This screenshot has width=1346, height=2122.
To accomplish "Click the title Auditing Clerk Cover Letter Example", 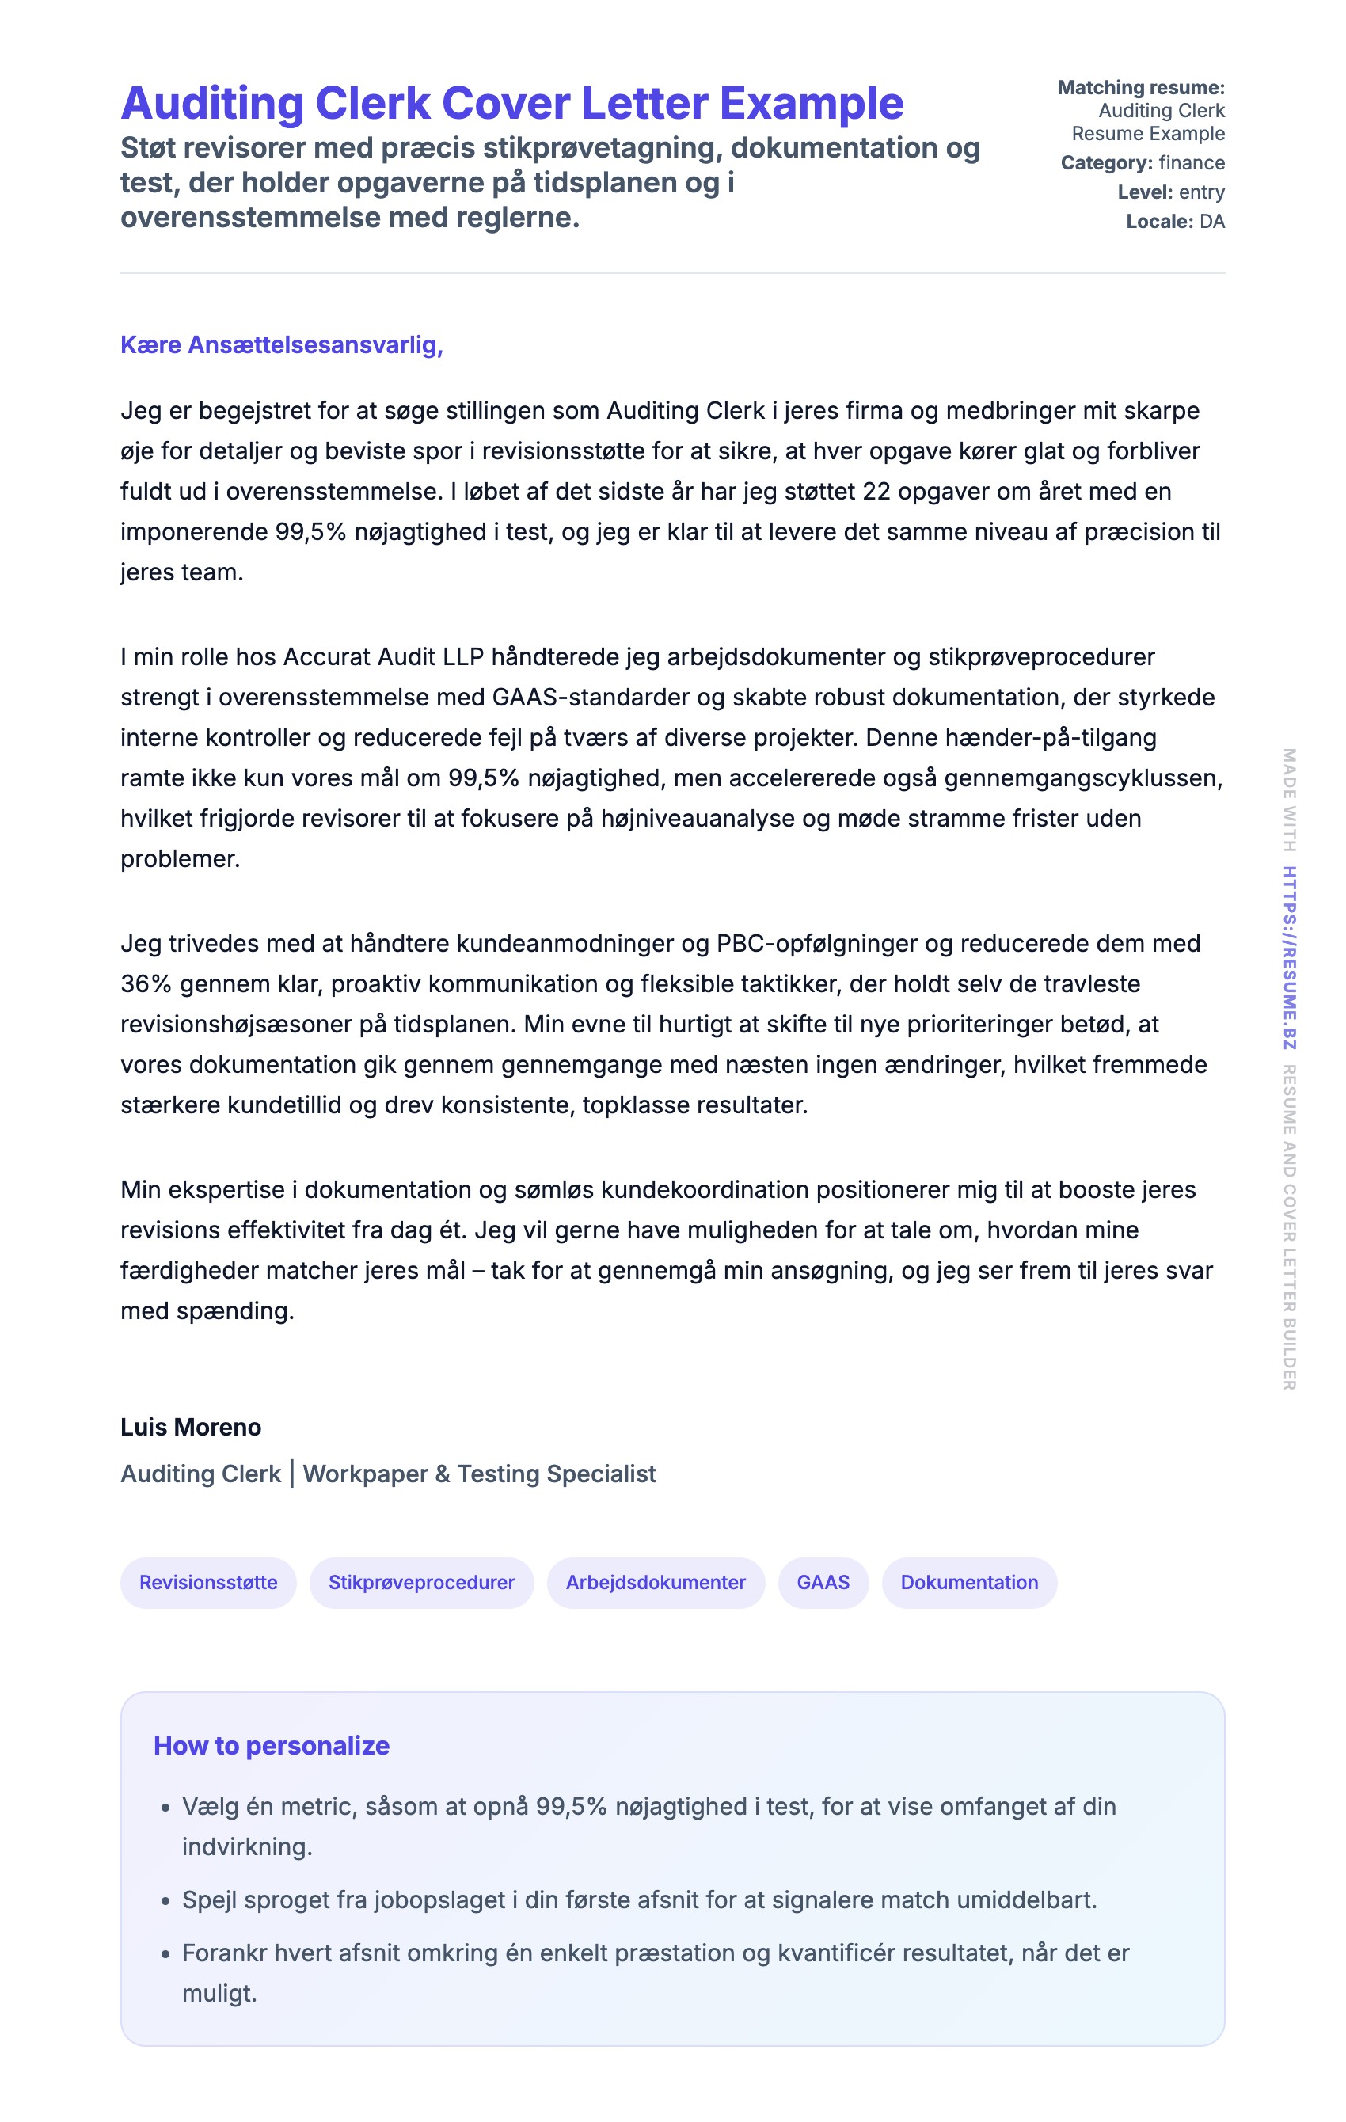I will tap(511, 104).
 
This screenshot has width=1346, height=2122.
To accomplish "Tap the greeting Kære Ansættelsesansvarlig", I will tap(281, 344).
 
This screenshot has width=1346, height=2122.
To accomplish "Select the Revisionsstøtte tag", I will tap(208, 1582).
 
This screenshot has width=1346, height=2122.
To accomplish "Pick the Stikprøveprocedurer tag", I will tap(421, 1582).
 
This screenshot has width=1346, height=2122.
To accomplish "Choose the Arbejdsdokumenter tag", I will tap(655, 1582).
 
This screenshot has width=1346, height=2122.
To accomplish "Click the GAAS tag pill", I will tap(823, 1582).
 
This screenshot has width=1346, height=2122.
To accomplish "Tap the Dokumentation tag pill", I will tap(969, 1582).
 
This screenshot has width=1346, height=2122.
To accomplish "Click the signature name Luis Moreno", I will tap(190, 1427).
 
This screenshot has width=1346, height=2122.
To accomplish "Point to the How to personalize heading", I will tap(272, 1745).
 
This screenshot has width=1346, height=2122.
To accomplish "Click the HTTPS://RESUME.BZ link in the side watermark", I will tap(1289, 958).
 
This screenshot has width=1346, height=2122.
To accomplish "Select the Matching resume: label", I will tap(1141, 87).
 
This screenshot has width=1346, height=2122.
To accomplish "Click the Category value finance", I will tap(1192, 163).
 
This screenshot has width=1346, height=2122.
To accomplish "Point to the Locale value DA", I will tap(1212, 221).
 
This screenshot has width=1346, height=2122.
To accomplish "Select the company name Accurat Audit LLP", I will tap(383, 656).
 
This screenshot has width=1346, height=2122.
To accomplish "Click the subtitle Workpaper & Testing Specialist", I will tap(480, 1474).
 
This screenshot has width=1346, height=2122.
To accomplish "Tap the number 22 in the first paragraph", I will tap(876, 491).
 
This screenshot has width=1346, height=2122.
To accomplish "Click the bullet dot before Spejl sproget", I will tap(165, 1901).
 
